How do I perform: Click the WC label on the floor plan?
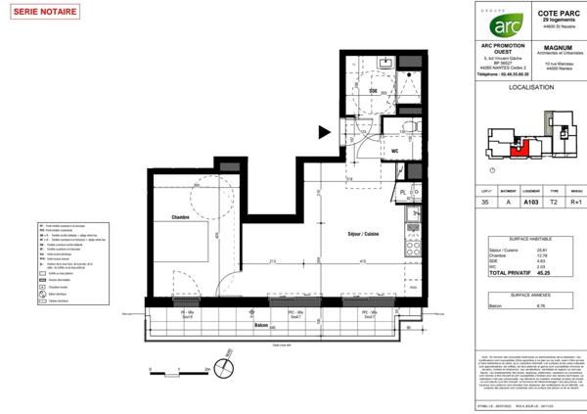tap(394, 151)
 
